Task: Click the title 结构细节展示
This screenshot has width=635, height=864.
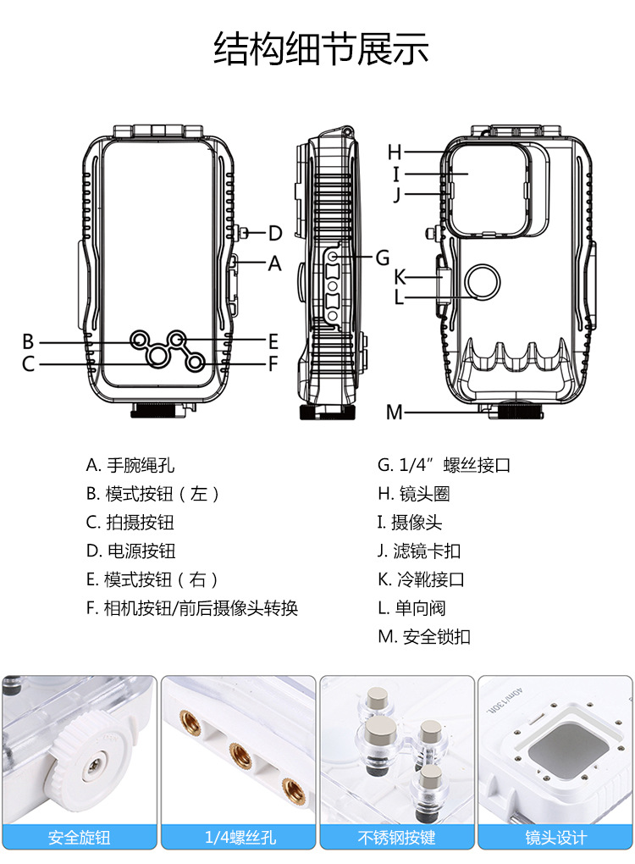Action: (x=321, y=49)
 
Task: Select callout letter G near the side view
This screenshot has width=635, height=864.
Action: (x=383, y=257)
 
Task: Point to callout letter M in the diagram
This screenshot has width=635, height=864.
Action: (x=395, y=413)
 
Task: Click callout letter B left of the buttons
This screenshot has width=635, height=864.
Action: (x=28, y=342)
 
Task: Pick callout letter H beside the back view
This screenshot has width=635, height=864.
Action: (x=395, y=152)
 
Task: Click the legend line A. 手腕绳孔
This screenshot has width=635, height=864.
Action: (x=130, y=465)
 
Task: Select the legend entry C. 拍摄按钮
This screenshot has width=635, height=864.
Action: (x=130, y=523)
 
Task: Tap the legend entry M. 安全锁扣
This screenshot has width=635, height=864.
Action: (x=423, y=637)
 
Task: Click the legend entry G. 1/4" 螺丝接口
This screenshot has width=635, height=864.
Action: (x=444, y=465)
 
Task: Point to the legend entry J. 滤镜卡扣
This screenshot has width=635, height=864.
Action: (x=419, y=551)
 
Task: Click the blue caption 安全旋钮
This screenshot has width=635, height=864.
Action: (x=80, y=839)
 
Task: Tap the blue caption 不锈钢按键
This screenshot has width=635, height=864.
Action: (x=396, y=839)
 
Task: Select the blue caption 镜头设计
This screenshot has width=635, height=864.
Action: (x=555, y=839)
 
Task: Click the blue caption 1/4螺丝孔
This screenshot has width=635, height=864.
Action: (x=239, y=839)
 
